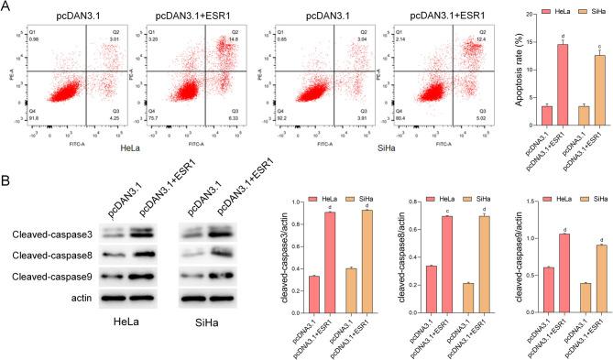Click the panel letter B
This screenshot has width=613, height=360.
coord(6,171)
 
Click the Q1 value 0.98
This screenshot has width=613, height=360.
coord(33,39)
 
